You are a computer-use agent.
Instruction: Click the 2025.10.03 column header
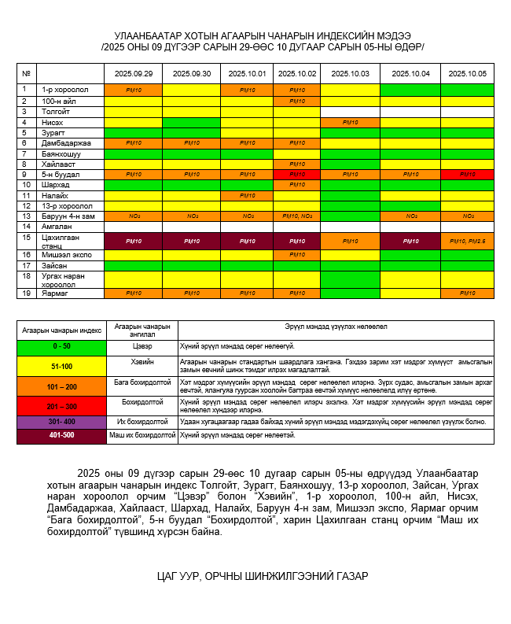(x=350, y=73)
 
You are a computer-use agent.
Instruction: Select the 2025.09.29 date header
(x=133, y=73)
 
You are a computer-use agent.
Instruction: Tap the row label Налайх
(x=55, y=195)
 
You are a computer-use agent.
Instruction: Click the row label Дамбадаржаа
(x=66, y=143)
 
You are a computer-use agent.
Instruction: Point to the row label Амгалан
(x=57, y=226)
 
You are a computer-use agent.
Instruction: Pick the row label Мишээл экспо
(x=66, y=255)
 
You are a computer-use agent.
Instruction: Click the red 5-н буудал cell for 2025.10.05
(x=467, y=174)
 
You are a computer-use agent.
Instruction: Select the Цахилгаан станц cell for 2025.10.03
(x=350, y=241)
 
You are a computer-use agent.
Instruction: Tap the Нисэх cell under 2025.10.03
(x=350, y=123)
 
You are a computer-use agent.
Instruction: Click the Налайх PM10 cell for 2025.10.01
(x=247, y=195)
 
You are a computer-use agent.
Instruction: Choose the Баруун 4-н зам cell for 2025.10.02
(x=297, y=216)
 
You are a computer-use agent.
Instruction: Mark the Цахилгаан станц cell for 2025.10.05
(x=467, y=241)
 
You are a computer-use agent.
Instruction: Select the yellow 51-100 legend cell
(x=61, y=366)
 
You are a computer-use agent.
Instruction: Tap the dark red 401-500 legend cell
(x=61, y=435)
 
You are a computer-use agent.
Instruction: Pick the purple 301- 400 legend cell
(x=61, y=423)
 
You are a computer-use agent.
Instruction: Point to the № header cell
(x=27, y=73)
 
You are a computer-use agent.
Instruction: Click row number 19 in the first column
(x=27, y=293)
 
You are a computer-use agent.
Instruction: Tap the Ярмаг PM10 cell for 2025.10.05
(x=467, y=294)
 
